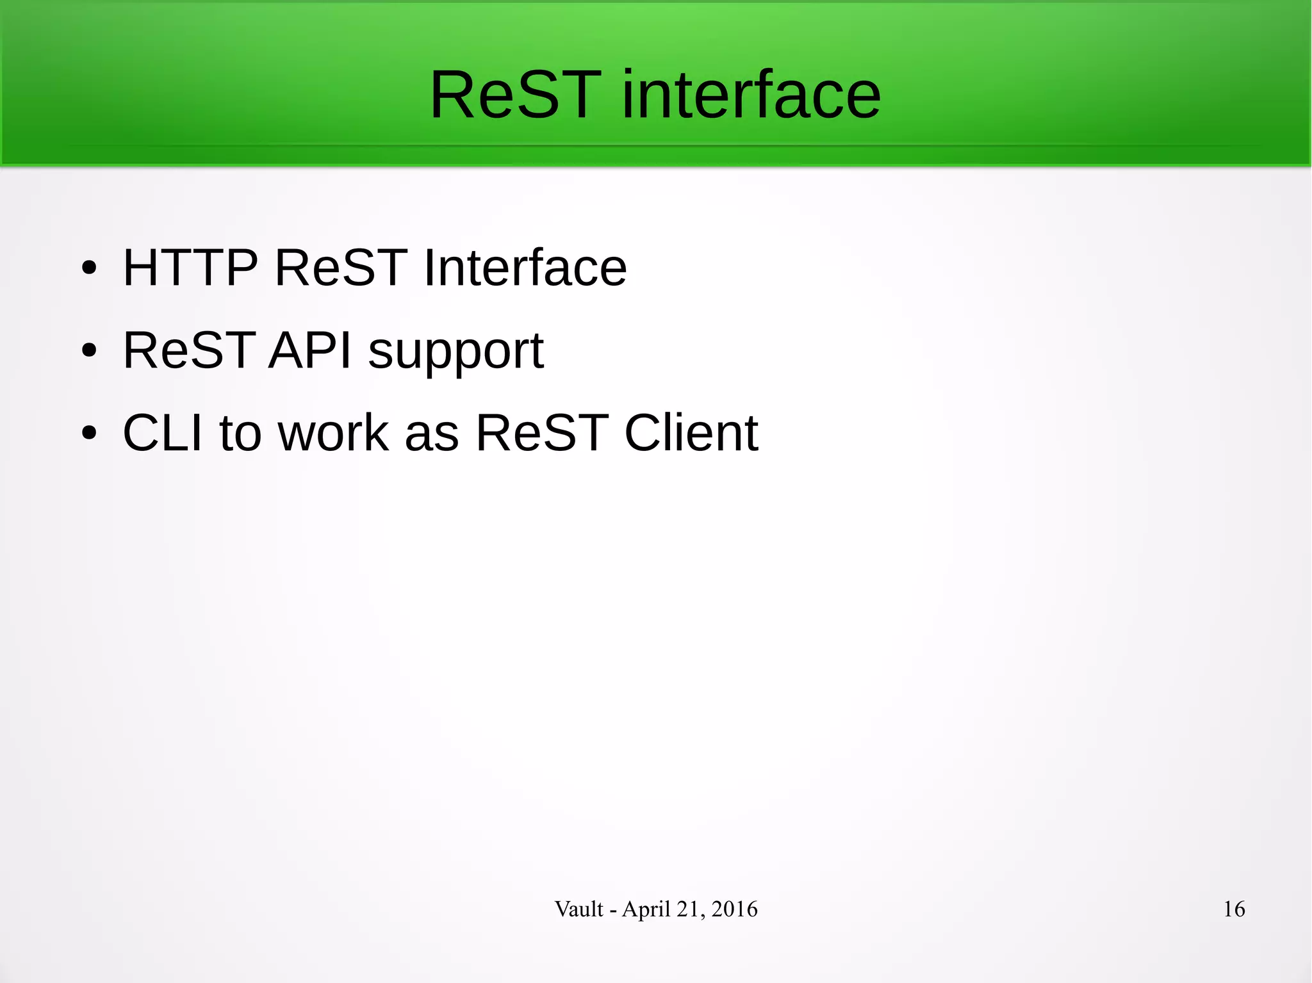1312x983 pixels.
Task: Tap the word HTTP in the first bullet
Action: (190, 267)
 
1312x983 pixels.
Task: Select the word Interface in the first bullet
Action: (525, 267)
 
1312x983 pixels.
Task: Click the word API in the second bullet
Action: (310, 350)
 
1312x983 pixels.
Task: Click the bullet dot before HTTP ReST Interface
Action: (89, 268)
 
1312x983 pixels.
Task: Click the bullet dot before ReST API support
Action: (89, 351)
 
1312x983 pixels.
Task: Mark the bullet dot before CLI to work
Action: (89, 434)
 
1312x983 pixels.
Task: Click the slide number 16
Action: (1234, 909)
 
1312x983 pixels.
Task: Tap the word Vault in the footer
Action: (578, 909)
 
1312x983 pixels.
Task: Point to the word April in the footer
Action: (646, 909)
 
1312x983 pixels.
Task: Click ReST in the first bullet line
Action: (341, 267)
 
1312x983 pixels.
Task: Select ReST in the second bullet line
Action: (189, 350)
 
